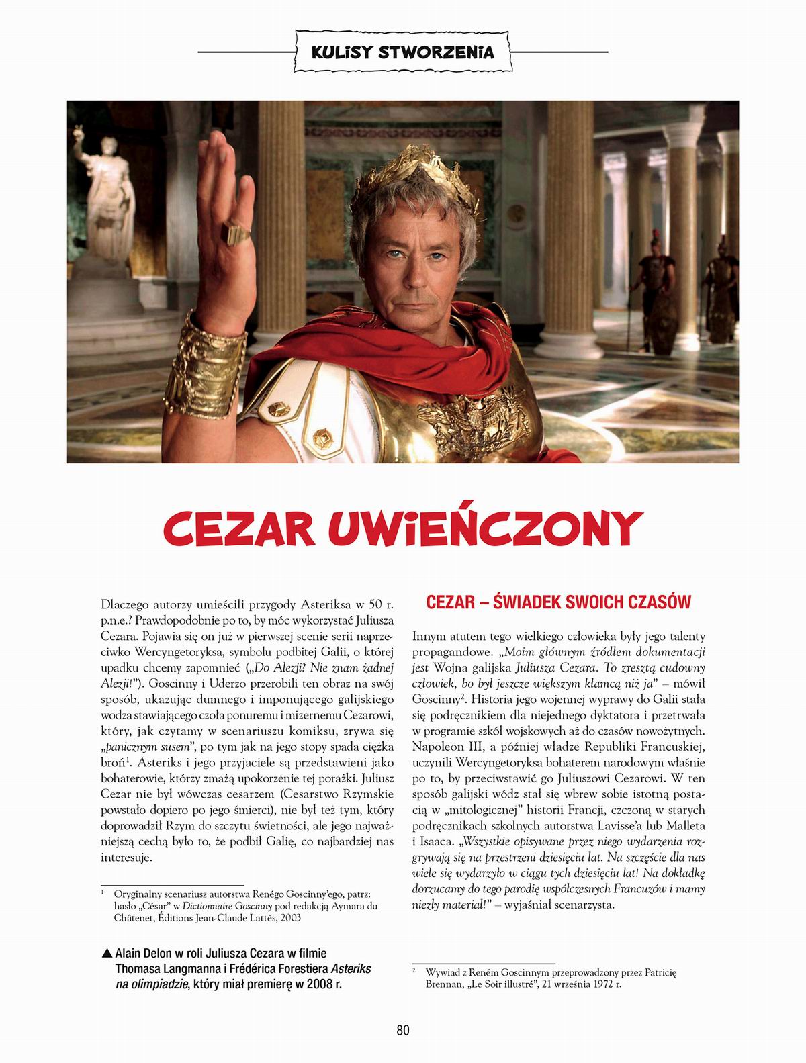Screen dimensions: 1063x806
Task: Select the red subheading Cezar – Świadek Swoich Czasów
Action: (559, 602)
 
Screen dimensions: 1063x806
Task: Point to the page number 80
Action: (403, 1030)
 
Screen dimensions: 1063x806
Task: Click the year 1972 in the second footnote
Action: (603, 984)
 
